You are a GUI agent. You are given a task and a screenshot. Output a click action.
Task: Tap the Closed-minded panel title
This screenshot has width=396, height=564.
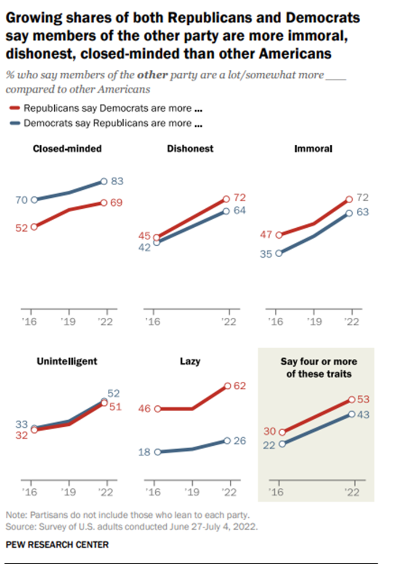click(x=68, y=149)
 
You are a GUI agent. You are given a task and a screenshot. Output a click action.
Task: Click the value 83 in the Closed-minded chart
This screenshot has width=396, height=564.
click(x=117, y=181)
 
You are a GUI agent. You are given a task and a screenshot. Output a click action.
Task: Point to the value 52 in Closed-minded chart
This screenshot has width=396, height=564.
click(x=22, y=227)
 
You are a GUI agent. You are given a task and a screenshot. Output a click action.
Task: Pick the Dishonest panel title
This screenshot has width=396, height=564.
click(x=190, y=149)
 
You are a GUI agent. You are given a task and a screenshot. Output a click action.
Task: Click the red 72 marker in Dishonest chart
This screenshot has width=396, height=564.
click(x=225, y=200)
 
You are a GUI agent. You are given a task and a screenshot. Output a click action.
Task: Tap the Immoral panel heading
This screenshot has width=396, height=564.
click(x=313, y=149)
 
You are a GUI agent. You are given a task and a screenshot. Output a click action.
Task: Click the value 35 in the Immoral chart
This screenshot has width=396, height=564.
click(x=266, y=253)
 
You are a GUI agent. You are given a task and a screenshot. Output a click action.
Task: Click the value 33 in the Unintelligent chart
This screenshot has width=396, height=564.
click(x=22, y=424)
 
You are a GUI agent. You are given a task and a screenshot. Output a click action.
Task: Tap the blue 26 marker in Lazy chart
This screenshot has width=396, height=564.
click(x=229, y=441)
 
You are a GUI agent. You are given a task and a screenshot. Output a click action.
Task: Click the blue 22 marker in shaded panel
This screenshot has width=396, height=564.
click(x=282, y=444)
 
